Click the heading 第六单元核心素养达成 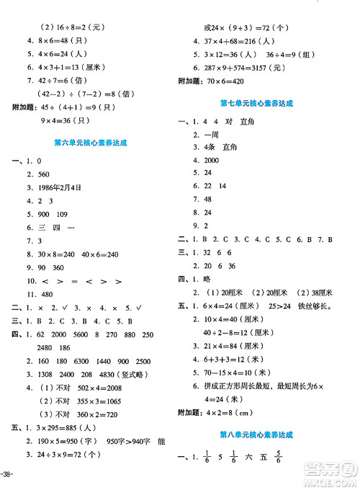click(x=90, y=143)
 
